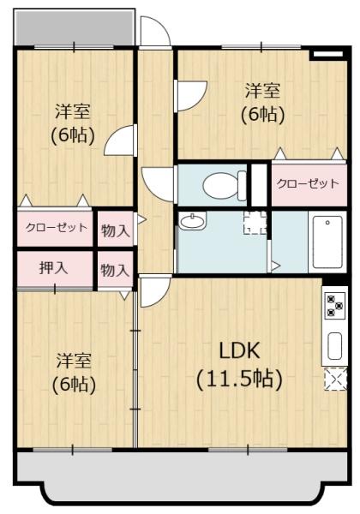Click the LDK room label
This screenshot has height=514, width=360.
[239, 350]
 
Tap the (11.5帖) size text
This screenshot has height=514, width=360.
[239, 380]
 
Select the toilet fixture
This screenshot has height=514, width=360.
[225, 185]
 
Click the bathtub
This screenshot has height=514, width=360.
[327, 242]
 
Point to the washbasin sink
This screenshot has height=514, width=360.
[193, 221]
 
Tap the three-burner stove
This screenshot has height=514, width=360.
[335, 306]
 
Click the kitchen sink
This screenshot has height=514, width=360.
[334, 346]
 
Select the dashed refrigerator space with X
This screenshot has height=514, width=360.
[335, 379]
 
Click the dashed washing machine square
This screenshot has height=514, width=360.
[255, 223]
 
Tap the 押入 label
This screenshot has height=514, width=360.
[54, 268]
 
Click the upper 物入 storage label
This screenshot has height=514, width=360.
[116, 230]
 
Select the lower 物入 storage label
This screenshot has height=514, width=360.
[116, 270]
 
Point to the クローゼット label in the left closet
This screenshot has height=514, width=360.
[57, 227]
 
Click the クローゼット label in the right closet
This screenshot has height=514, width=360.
[308, 183]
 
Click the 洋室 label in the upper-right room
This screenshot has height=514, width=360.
[263, 91]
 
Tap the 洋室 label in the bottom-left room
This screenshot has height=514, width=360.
[74, 361]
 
